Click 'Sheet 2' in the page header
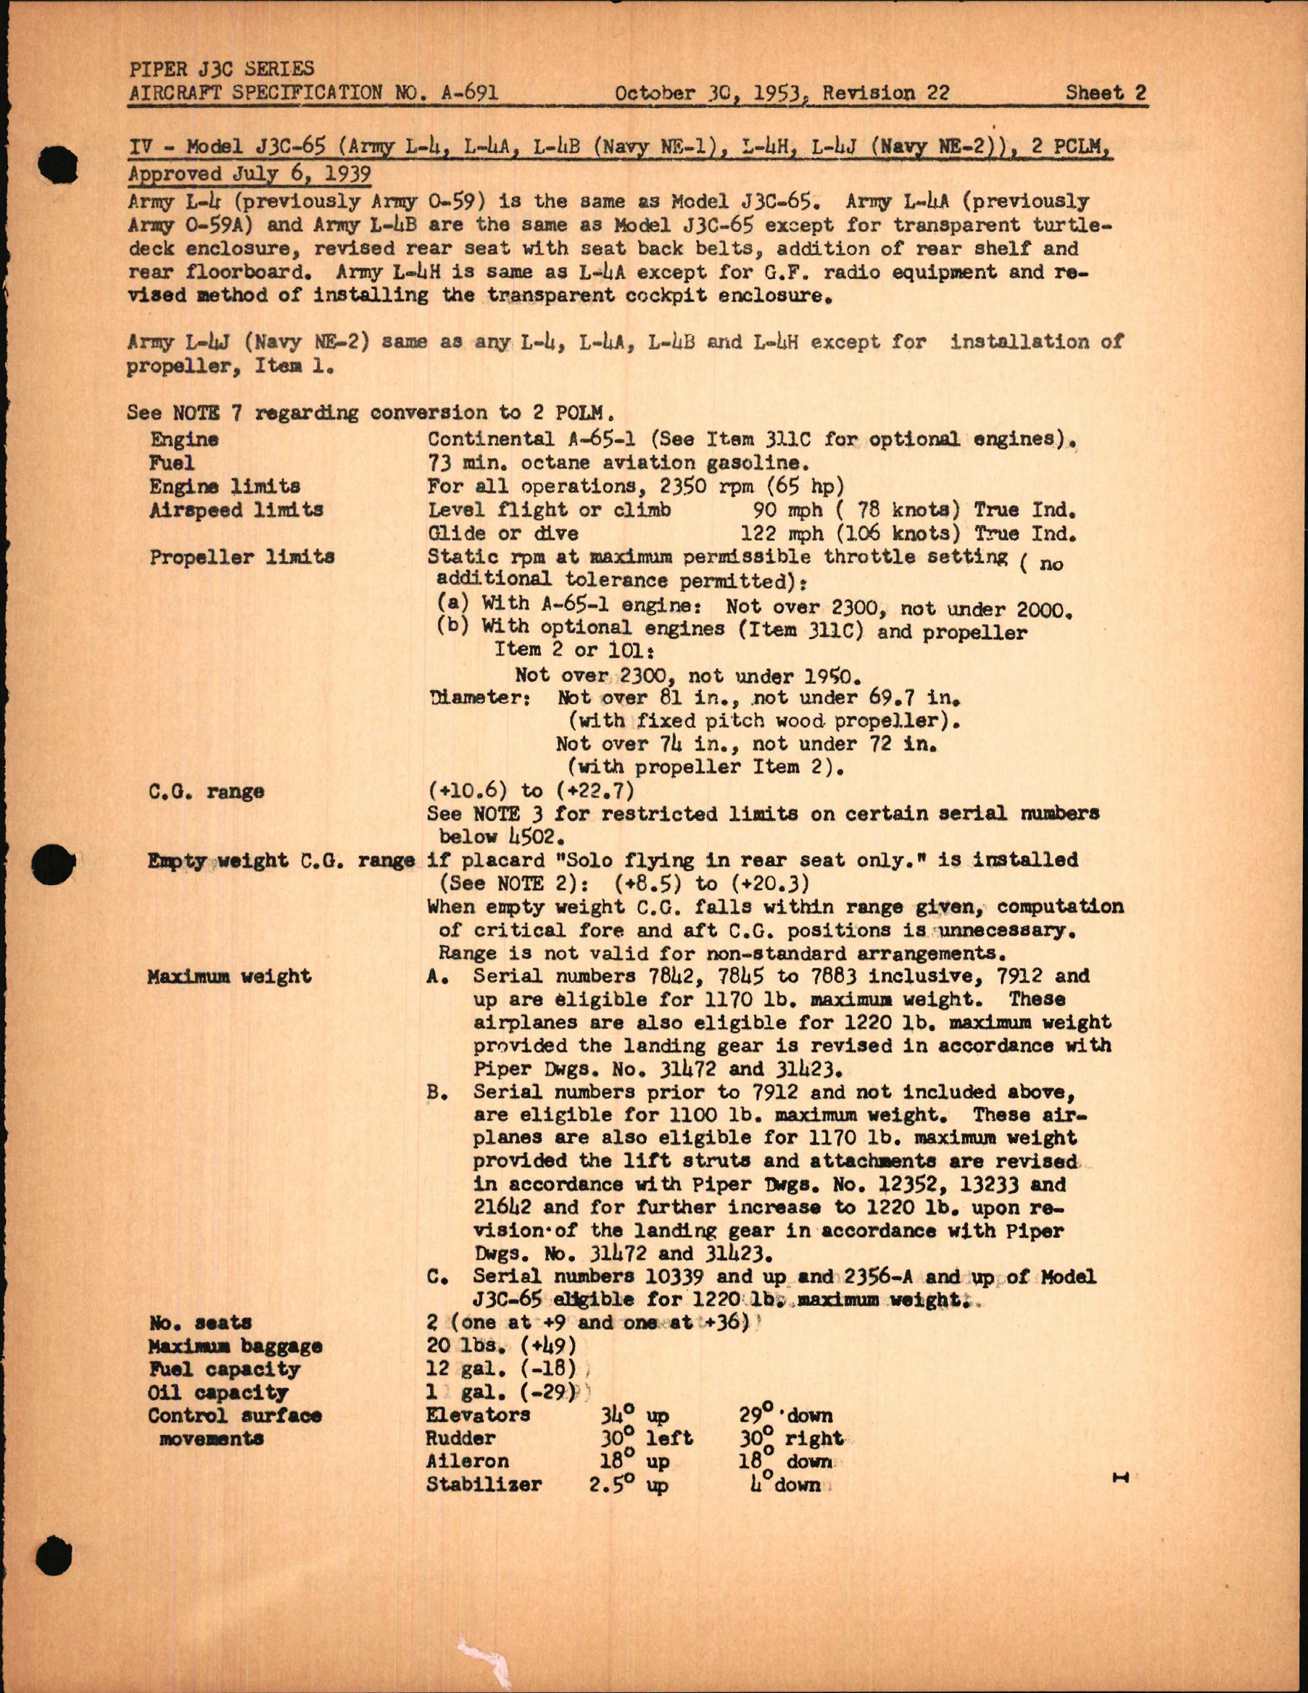[1105, 93]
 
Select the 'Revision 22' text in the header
[885, 93]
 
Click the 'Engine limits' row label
[225, 487]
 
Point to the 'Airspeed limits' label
[236, 510]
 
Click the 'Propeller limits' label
[242, 557]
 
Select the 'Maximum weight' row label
[230, 976]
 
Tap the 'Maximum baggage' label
[235, 1347]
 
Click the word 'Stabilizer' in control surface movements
[484, 1485]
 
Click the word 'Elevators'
[479, 1415]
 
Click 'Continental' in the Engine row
[484, 438]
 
